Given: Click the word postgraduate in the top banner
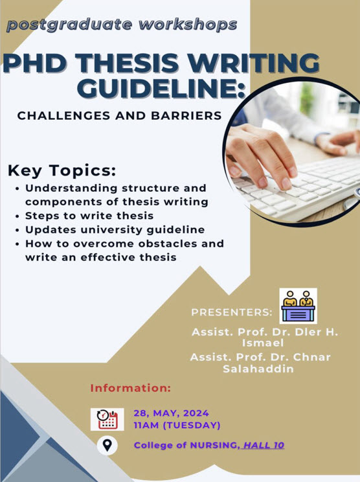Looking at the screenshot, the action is [x=69, y=25].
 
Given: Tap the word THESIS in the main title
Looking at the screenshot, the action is [x=127, y=63].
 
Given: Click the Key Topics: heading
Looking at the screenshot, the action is [x=62, y=171].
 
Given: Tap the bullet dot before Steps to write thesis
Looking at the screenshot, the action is [x=17, y=216].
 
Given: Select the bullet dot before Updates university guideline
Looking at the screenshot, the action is [x=17, y=230].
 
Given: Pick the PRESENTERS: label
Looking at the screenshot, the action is [x=232, y=312].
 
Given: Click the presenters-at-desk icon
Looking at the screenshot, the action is [x=298, y=306].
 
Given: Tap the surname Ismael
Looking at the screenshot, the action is [x=263, y=343].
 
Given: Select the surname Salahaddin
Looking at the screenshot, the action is [x=258, y=369].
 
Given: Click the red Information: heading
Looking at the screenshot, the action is [x=130, y=388].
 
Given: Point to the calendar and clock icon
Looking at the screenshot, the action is [x=107, y=419].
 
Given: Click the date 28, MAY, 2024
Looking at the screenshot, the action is [x=171, y=413].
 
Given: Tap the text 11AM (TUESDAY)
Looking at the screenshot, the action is [x=177, y=426].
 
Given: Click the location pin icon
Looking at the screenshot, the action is [x=107, y=446].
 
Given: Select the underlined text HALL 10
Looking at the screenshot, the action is [x=264, y=445].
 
